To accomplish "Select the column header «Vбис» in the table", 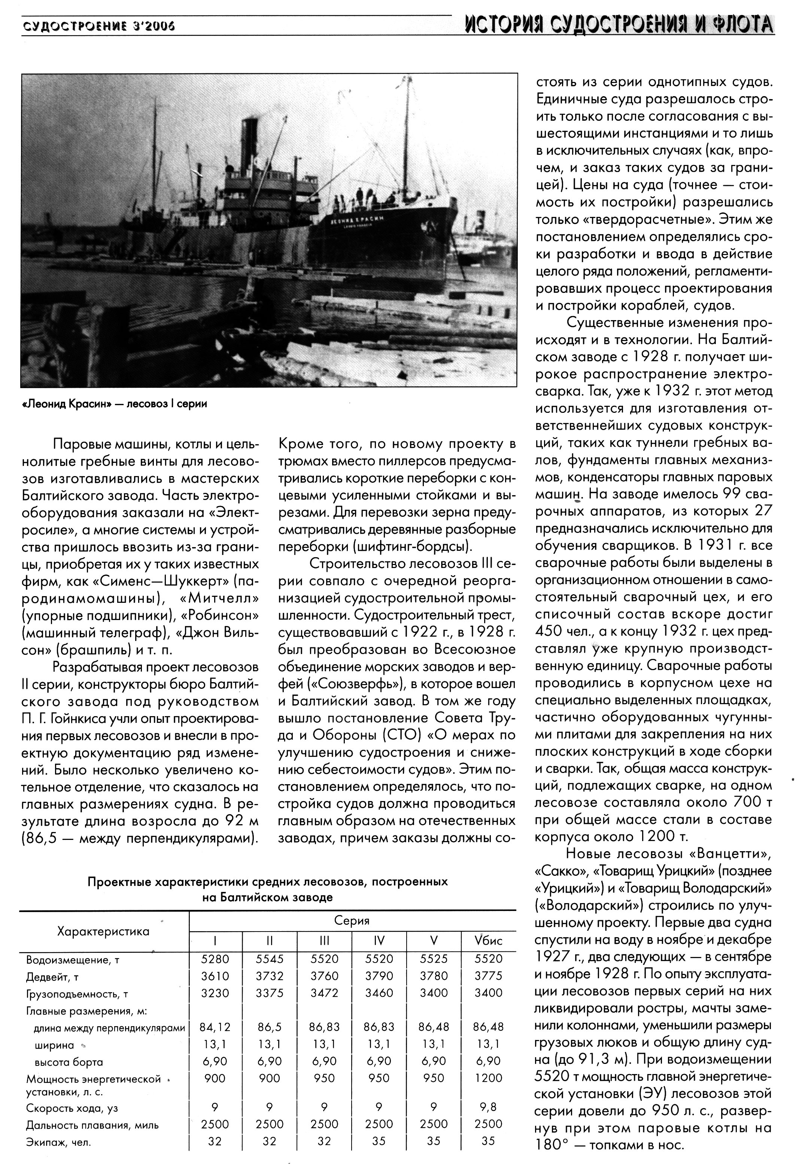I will click(488, 940).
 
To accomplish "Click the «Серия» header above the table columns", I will click(352, 921).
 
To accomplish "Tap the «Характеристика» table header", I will click(103, 931).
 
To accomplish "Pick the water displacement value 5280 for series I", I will click(215, 959).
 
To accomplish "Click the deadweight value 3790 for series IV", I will click(379, 976).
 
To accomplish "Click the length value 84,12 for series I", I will click(215, 1027).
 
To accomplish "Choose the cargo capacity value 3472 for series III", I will click(324, 992).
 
